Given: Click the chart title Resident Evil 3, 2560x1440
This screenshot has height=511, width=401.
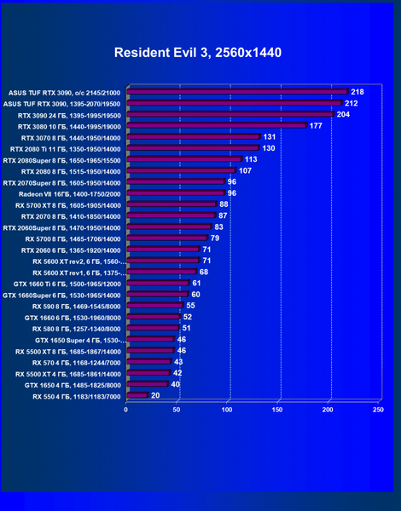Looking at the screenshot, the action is (198, 53).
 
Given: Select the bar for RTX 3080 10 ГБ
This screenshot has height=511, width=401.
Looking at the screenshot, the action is (217, 125).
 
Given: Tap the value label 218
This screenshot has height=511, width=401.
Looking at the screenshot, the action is (357, 92).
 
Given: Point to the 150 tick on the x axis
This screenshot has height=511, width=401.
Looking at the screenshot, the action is (277, 410).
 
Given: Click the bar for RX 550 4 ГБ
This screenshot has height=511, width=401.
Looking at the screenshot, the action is (137, 395).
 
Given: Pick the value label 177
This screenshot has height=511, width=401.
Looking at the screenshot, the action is (316, 126).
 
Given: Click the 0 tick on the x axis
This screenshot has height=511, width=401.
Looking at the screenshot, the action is (126, 410).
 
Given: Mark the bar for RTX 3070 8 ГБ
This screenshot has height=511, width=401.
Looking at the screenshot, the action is (194, 136).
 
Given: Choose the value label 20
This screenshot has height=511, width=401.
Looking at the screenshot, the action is (155, 396).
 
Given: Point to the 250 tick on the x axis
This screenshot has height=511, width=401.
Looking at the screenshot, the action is (378, 410).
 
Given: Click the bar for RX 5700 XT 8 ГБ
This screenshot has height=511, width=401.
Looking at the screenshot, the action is (171, 204).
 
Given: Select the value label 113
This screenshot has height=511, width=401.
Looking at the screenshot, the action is (251, 159).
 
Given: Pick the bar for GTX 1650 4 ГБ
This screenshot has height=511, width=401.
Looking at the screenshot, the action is (148, 383).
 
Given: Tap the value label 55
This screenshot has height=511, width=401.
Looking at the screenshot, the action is (190, 306).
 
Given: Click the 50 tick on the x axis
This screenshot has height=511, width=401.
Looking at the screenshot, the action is (177, 410).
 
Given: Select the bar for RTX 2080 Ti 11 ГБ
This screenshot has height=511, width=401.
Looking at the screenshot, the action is (194, 147).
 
